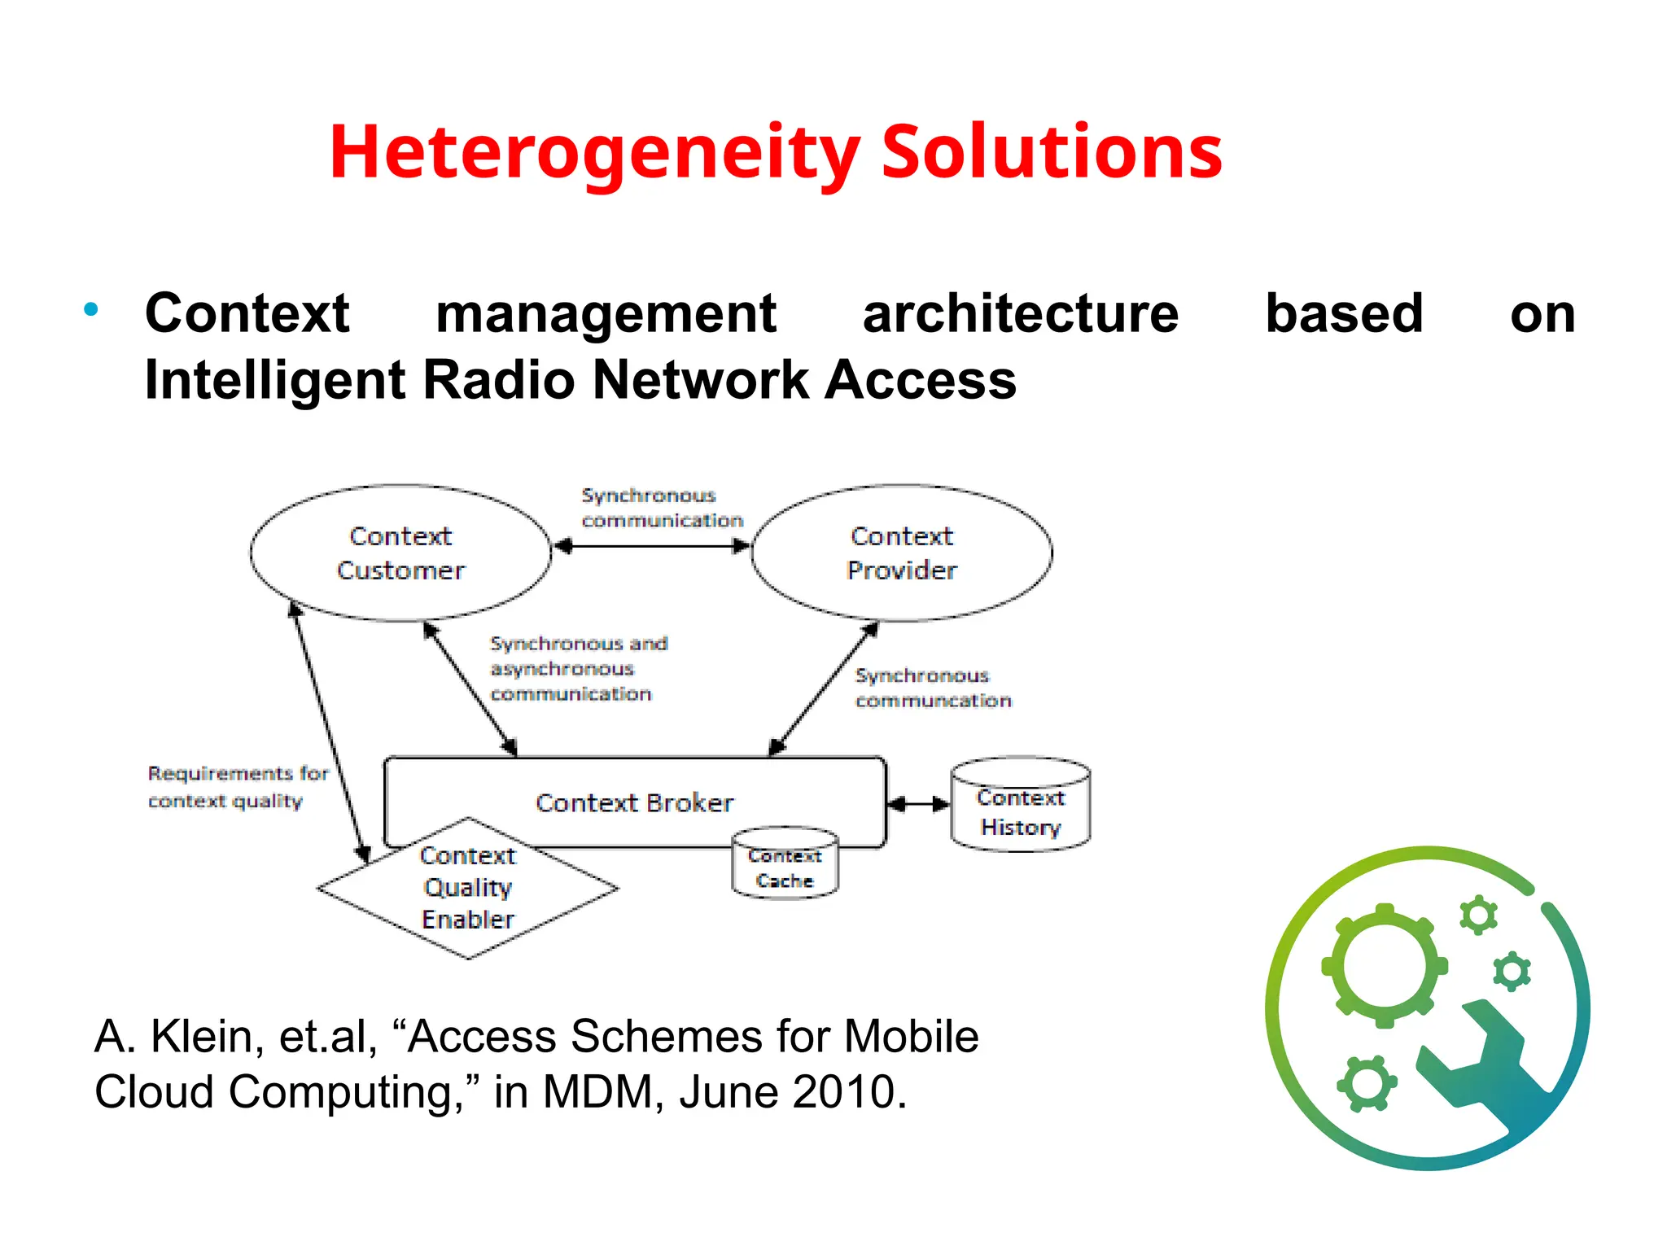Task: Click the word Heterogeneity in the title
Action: [594, 153]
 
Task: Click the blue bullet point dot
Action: [91, 309]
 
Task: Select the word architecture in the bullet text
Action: [1021, 314]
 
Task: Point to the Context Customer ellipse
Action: [400, 553]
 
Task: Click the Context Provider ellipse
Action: [901, 553]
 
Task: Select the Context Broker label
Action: [634, 802]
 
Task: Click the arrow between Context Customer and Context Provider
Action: [651, 546]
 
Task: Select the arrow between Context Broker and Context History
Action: [918, 804]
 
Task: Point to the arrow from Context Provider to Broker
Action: [824, 688]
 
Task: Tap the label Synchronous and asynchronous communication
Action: [578, 669]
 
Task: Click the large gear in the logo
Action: [1384, 966]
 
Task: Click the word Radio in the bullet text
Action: [498, 380]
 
